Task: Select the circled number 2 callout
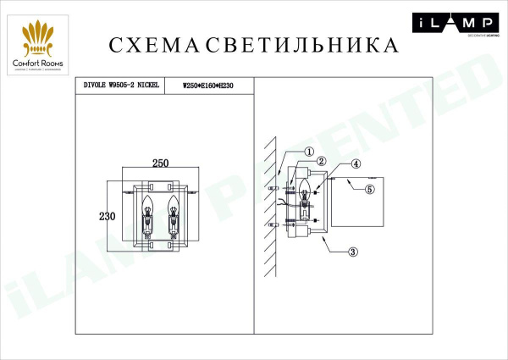[x=322, y=161]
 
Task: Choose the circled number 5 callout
[x=369, y=190]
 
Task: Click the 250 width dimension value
[x=163, y=164]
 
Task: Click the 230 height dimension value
[x=106, y=216]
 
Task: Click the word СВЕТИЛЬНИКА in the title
[x=293, y=44]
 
